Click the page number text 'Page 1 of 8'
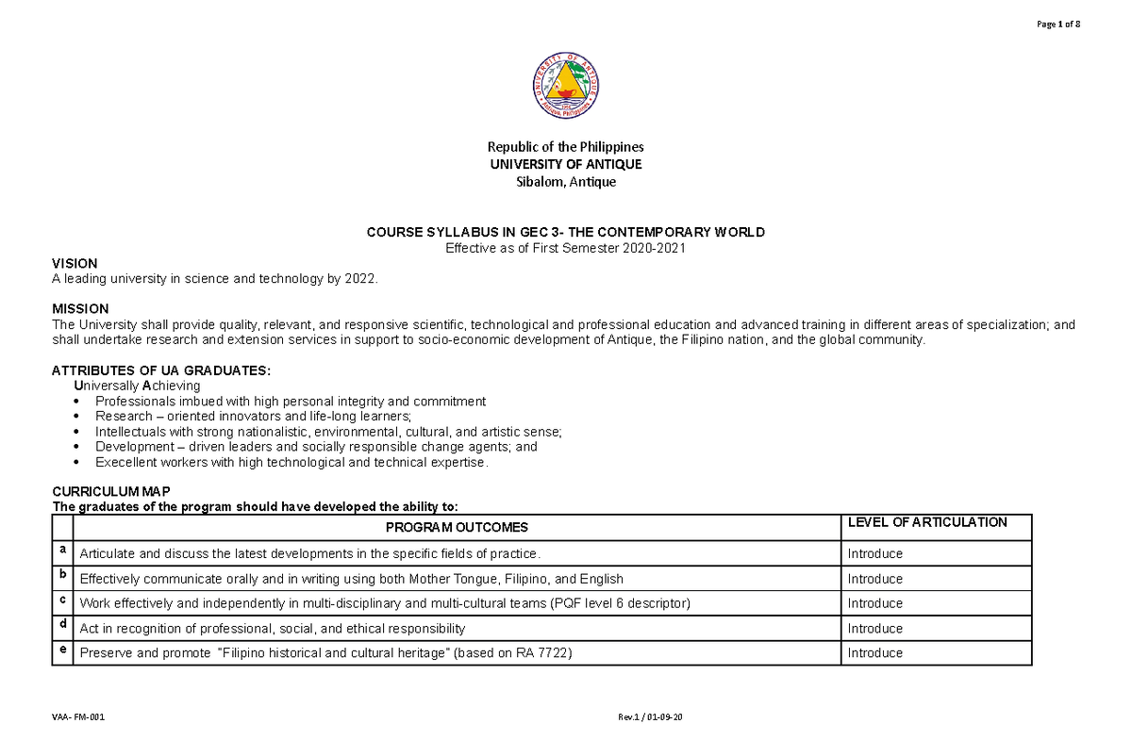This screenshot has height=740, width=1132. [1057, 25]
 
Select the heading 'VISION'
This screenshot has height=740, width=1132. [75, 263]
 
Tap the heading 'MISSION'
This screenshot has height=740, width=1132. [80, 309]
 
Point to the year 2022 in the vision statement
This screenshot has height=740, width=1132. [358, 278]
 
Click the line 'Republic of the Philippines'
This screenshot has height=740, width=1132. [565, 147]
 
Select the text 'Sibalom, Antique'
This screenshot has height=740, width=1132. [565, 182]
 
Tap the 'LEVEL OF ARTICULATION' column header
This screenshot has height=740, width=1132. [927, 522]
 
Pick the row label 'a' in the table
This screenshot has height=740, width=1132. [62, 550]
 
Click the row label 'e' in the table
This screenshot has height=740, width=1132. [62, 649]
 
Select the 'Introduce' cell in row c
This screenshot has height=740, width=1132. [874, 603]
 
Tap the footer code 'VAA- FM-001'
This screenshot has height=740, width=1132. [77, 718]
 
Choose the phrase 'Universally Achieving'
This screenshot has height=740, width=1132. [137, 386]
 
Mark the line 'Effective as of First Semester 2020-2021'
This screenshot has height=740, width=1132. [565, 248]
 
